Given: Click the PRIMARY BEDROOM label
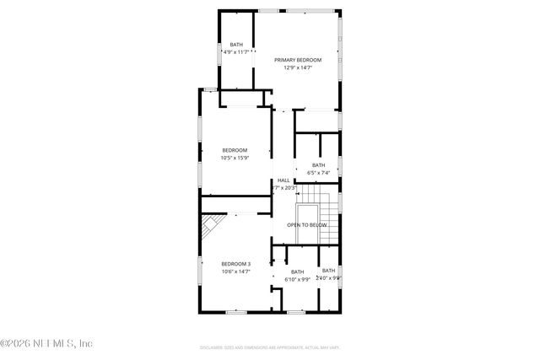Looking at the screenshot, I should [x=298, y=61].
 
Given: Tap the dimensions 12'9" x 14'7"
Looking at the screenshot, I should [x=298, y=68].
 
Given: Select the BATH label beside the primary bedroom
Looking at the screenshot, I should [x=236, y=45].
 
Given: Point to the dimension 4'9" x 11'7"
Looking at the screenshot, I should [x=236, y=52].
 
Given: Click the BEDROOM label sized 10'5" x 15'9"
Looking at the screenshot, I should [x=235, y=150].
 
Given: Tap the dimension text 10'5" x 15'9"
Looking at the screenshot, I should [x=235, y=158].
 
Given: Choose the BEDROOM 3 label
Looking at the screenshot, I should [x=236, y=264].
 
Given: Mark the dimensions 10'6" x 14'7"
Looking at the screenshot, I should [x=236, y=271].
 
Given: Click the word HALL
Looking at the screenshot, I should [x=283, y=180].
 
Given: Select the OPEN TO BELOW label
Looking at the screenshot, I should [x=306, y=225].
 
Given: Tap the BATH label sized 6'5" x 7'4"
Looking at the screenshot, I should [x=318, y=165].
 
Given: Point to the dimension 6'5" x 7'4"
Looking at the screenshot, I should [x=318, y=173].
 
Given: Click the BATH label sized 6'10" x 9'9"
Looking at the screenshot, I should [x=297, y=271].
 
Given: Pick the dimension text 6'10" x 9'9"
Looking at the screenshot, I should [x=297, y=279].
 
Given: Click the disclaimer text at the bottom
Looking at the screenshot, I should [x=270, y=347].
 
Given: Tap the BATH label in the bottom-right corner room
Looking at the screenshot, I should [x=328, y=270].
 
